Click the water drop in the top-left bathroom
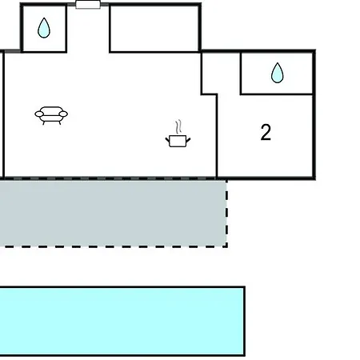coord(44,28)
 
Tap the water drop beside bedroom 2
coord(278,73)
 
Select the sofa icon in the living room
coord(51,115)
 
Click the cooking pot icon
coord(178,141)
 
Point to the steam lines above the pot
coord(179,127)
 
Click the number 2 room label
coord(266,132)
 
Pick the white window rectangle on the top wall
coord(88,5)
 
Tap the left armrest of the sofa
coord(39,114)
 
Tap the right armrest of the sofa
coord(63,114)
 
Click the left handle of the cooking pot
coord(167,140)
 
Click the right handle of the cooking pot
coord(188,140)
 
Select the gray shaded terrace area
coord(114,214)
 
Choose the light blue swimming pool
coord(122,321)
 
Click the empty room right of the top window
coord(154,28)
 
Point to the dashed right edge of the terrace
coord(226,214)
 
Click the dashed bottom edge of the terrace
coord(114,246)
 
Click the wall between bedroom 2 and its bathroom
coord(277,94)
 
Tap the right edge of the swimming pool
coord(245,321)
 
